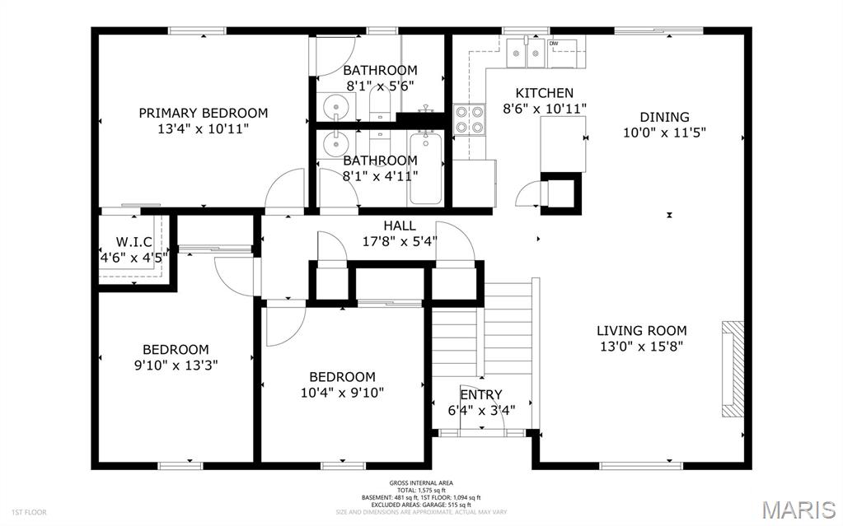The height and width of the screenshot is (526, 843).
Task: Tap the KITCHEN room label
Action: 544,93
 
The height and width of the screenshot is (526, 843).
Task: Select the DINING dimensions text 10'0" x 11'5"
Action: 665,132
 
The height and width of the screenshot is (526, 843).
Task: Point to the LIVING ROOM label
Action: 641,331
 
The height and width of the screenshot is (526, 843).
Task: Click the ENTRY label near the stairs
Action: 480,395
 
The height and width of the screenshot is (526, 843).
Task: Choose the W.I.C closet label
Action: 133,241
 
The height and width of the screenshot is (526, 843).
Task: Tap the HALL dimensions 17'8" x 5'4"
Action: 400,241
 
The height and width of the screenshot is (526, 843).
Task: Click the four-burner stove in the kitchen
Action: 469,119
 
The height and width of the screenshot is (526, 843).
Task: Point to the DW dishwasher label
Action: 554,44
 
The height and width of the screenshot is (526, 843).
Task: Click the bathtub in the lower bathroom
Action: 426,169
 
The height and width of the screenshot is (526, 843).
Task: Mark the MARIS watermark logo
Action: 799,509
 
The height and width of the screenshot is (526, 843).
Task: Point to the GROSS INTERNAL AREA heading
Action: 421,483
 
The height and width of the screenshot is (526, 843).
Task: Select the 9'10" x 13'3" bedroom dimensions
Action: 175,364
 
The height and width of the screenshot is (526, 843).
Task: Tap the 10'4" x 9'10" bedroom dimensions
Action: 342,392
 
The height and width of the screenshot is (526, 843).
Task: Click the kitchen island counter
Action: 562,143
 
